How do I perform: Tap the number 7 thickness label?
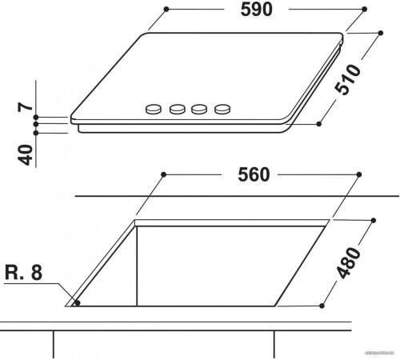[26, 105]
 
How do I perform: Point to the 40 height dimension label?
[26, 152]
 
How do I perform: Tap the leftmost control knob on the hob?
[153, 109]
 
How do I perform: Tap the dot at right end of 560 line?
[358, 174]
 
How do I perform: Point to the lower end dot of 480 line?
[322, 305]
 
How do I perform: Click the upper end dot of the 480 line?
[372, 218]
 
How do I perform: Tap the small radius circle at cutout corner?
[75, 302]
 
